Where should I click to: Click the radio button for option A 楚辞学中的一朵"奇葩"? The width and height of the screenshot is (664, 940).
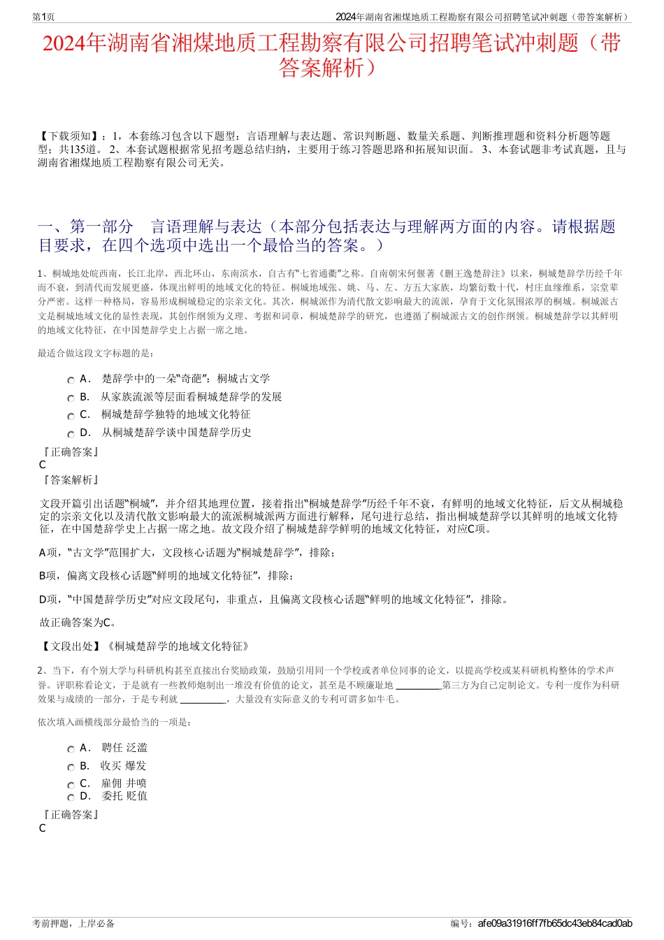(71, 380)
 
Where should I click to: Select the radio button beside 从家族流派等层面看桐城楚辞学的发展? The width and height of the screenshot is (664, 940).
(71, 398)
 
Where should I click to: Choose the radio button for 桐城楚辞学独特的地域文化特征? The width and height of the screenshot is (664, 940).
(71, 416)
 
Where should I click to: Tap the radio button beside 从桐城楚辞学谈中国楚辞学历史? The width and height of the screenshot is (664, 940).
(71, 434)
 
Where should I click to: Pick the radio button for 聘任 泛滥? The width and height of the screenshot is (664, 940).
(71, 749)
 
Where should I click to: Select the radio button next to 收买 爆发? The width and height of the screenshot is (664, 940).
(71, 767)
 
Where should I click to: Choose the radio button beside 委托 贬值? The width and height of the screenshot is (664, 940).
(71, 797)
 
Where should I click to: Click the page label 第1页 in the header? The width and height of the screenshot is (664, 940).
(43, 17)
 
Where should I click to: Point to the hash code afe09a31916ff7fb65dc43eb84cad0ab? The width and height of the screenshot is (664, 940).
(555, 923)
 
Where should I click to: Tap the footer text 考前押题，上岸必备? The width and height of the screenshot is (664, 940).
(73, 923)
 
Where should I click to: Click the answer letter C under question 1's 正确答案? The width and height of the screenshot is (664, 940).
(43, 465)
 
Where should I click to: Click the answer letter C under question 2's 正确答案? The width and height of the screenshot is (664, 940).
(43, 828)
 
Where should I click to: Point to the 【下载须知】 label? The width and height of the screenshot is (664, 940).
(69, 136)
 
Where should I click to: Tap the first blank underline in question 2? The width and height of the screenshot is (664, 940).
(418, 686)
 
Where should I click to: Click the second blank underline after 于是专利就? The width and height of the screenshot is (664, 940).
(203, 699)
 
